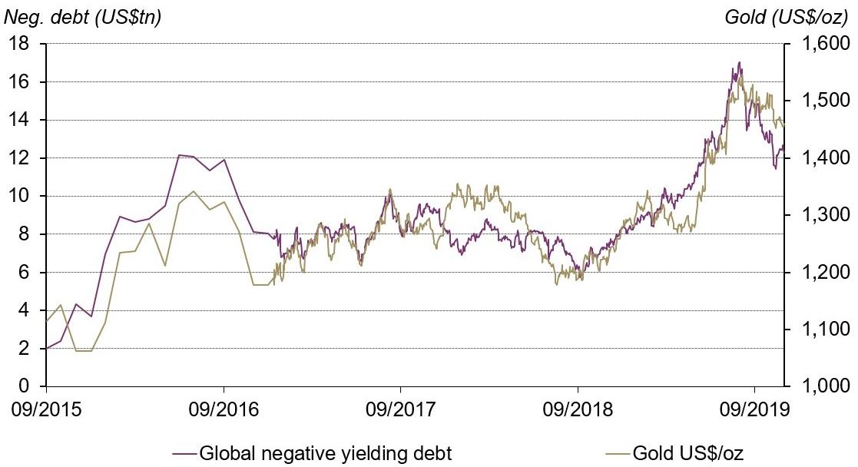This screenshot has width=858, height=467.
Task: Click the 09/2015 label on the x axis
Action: pos(46,408)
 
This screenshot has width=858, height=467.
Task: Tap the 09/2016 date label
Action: pos(224,408)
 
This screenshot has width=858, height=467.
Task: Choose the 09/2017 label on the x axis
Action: pos(400,408)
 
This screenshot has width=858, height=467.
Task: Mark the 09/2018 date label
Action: pos(578,408)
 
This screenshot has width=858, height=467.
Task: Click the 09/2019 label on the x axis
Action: pos(754,408)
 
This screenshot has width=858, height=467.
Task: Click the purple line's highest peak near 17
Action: pos(739,63)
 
